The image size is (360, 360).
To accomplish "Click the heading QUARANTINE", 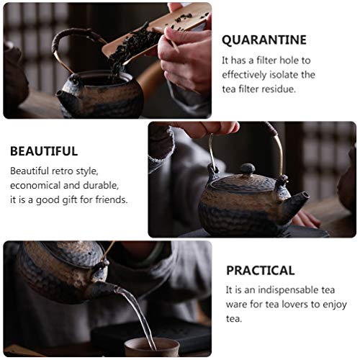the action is click(264, 40).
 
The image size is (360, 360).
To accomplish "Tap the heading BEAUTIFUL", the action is click(44, 151).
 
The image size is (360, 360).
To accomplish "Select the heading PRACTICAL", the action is click(261, 271).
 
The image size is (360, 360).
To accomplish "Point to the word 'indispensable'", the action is click(287, 290).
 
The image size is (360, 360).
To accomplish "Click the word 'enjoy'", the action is click(335, 305).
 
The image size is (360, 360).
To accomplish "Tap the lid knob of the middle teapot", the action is click(248, 168).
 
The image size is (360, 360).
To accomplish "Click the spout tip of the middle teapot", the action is click(305, 196).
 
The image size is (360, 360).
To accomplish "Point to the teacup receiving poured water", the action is click(152, 347).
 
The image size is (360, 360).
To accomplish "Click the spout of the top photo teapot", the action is click(63, 96).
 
